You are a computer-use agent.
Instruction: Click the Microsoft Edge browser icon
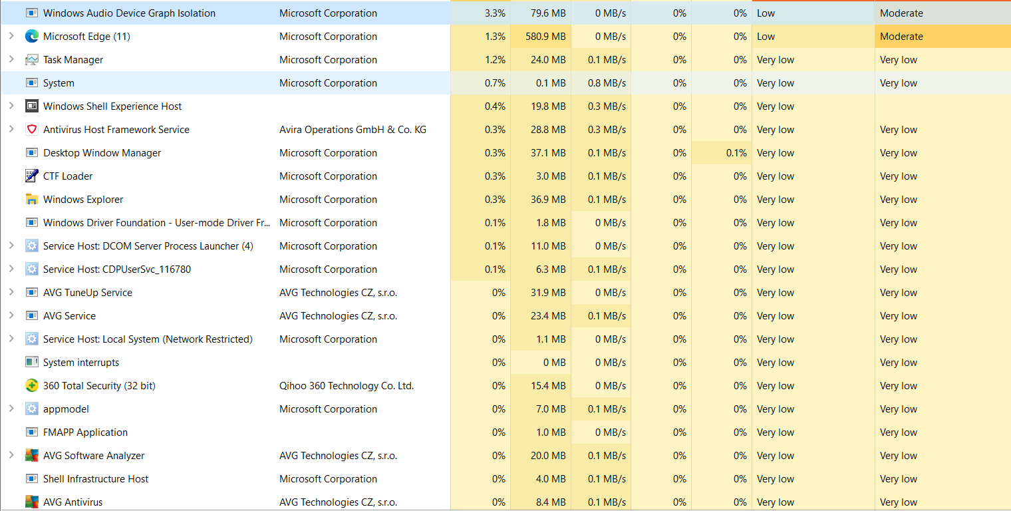coord(31,37)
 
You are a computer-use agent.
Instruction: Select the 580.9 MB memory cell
coord(543,37)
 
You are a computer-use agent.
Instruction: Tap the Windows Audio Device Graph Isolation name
coord(129,13)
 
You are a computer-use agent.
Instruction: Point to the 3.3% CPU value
coord(495,13)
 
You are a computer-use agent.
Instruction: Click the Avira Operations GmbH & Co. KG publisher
coord(353,130)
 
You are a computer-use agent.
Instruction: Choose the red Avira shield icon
coord(31,129)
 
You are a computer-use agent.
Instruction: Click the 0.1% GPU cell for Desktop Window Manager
coord(736,153)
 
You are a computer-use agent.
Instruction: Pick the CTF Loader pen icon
coord(31,176)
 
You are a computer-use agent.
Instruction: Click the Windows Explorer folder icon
coord(31,200)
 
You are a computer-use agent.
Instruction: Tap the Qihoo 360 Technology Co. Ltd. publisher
coord(347,386)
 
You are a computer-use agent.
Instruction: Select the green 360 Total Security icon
coord(31,386)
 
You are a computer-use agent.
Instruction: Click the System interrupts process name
coord(81,363)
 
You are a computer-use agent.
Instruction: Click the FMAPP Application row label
coord(85,432)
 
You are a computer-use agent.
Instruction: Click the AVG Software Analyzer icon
coord(31,456)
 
